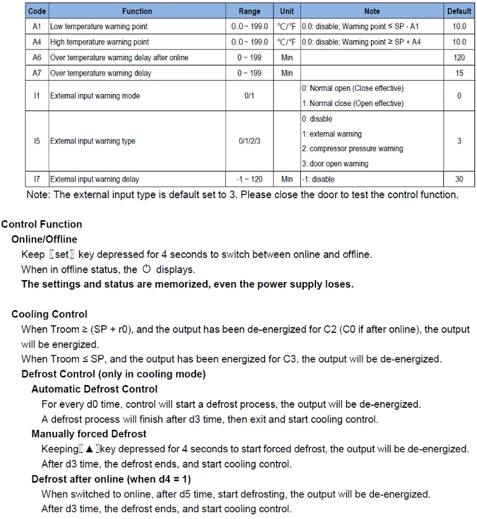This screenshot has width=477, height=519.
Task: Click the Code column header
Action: point(37,11)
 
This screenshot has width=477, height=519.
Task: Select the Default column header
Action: point(459,11)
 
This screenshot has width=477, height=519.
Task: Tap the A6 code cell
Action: point(37,57)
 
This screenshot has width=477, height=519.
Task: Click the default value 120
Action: point(459,57)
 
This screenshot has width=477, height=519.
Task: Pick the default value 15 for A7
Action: point(459,73)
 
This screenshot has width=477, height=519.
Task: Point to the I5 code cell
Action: point(37,141)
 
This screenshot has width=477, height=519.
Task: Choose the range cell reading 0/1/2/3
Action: point(249,141)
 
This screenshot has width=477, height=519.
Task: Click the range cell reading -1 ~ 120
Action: point(249,179)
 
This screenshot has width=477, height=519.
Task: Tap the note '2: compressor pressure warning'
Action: point(352,149)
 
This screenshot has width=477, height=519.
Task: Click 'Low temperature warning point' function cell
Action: point(99,27)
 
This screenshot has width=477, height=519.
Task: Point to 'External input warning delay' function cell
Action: point(95,179)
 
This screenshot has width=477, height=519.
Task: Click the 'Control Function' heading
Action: point(42,224)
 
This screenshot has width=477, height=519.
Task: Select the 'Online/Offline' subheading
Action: point(45,239)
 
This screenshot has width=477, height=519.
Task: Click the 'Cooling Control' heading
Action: point(50,314)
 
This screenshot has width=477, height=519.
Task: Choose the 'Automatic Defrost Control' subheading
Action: point(94,389)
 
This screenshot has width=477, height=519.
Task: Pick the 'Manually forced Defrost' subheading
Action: point(89,434)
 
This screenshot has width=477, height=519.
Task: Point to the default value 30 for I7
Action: point(459,179)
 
